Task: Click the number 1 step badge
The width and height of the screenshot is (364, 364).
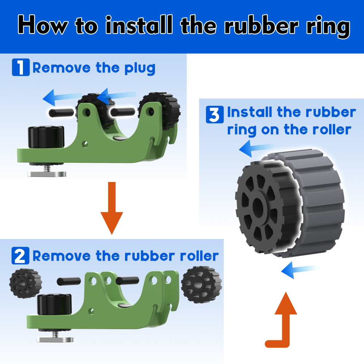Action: [21, 67]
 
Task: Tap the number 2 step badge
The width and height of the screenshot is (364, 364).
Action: [20, 256]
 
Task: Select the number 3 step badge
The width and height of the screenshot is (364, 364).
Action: [215, 114]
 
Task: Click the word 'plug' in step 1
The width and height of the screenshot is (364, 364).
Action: [140, 68]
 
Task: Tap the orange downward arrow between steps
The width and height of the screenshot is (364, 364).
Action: [112, 208]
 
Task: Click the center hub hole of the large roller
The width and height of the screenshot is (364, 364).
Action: [258, 205]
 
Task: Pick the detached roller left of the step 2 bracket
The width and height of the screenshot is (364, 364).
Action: [25, 283]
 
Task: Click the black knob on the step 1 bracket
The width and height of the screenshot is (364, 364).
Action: [46, 137]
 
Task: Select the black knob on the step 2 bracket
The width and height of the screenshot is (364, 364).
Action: [54, 304]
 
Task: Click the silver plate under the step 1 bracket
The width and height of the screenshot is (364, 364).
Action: [47, 174]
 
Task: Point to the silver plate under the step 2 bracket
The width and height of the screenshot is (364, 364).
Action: [55, 340]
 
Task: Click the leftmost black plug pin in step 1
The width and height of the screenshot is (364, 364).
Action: [61, 113]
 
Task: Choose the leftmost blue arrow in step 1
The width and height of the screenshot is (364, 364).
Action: [62, 97]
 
